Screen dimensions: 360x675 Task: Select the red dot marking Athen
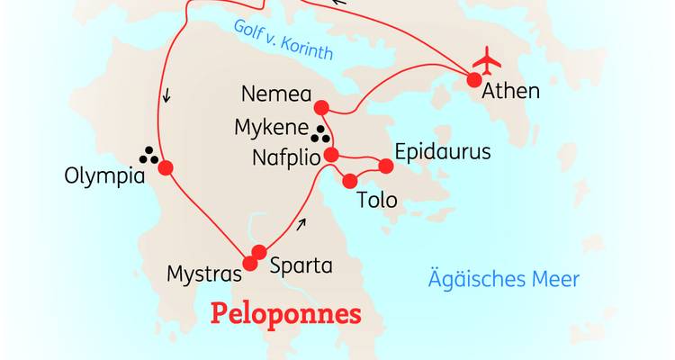tap(473, 81)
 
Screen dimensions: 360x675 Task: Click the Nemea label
tap(276, 94)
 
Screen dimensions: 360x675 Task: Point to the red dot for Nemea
tap(325, 112)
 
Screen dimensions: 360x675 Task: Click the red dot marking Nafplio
tap(331, 155)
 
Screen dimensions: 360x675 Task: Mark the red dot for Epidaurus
tap(386, 166)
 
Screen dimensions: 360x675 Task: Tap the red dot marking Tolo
tap(350, 181)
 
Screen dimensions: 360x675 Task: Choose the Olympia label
tap(104, 176)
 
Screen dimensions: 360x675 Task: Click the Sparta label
tap(301, 266)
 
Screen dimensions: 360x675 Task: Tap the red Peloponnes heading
tap(285, 314)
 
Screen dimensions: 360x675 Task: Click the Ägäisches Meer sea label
tap(503, 279)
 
